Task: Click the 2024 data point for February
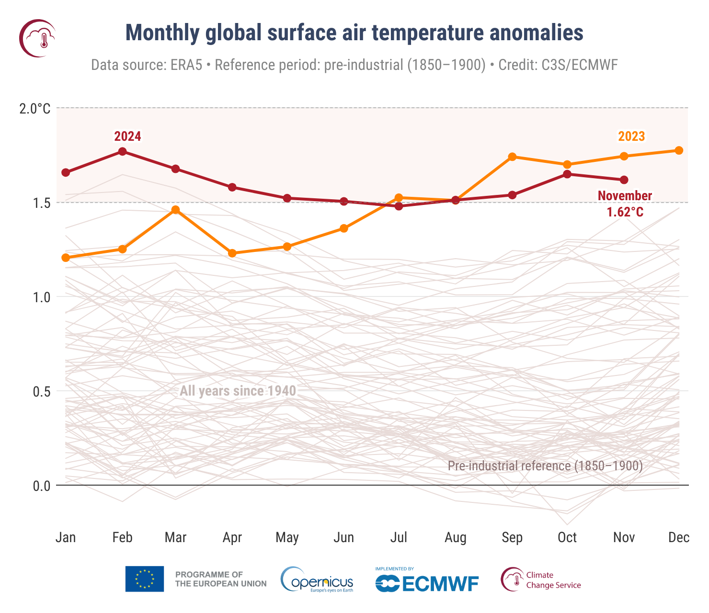122,151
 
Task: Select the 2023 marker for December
679,150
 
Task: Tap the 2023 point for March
175,210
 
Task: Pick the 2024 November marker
624,180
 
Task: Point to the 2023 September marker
512,157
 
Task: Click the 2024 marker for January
66,172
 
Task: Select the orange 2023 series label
631,136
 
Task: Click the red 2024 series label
127,136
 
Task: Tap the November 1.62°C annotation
625,204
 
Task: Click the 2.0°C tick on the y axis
35,109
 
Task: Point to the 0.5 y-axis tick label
41,392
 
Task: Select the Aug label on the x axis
455,537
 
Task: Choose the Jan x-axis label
66,537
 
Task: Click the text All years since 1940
238,391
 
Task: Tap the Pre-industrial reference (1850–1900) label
545,465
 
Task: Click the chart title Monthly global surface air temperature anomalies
354,33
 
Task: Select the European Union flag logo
145,579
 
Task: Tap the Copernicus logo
317,579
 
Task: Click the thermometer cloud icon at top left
37,38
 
